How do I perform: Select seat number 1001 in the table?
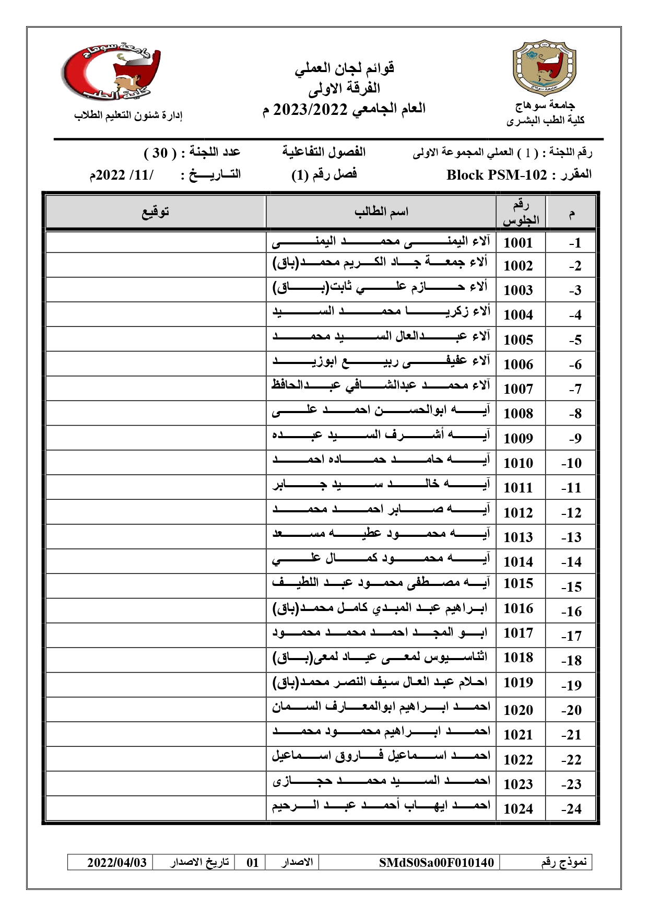pos(518,243)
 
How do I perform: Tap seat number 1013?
pos(518,537)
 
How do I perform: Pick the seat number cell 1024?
pos(518,808)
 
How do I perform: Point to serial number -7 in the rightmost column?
pos(575,389)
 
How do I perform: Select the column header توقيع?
pos(156,212)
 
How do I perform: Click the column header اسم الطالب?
pos(381,212)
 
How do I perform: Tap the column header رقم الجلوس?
pos(521,213)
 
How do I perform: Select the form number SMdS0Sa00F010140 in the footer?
pos(437,862)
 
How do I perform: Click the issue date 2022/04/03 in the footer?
pos(117,862)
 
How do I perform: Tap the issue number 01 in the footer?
pos(253,862)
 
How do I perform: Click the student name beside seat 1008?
pos(381,411)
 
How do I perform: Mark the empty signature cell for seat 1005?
pos(156,339)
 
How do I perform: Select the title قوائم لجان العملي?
pos(344,68)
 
